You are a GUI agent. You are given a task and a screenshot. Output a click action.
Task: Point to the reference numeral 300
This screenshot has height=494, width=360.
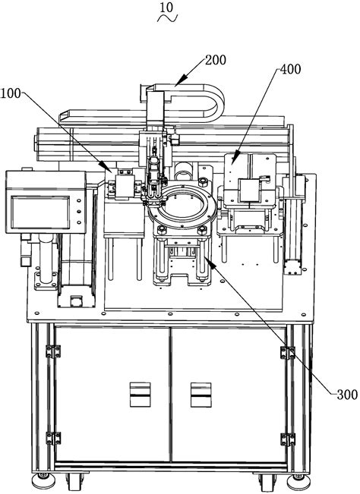[x=346, y=393]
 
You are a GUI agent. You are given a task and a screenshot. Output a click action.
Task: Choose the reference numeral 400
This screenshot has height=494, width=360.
[x=290, y=69]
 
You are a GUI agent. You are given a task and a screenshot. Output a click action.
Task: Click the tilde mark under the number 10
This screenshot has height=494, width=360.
[x=166, y=20]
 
